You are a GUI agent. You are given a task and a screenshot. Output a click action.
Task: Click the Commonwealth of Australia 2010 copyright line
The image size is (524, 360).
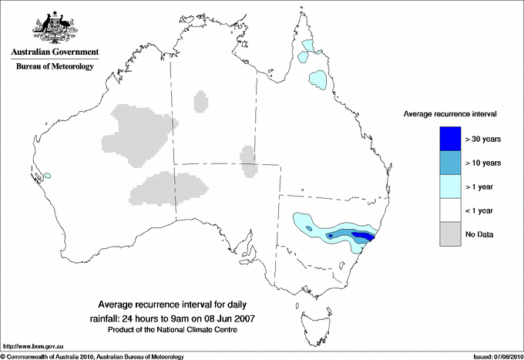pyautogui.click(x=92, y=355)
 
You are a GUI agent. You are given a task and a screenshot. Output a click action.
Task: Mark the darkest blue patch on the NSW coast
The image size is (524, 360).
pyautogui.click(x=362, y=237)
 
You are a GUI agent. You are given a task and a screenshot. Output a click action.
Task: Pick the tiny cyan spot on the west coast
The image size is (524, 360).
pyautogui.click(x=47, y=175)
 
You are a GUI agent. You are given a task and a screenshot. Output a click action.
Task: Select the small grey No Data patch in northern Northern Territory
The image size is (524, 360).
pyautogui.click(x=200, y=101)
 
